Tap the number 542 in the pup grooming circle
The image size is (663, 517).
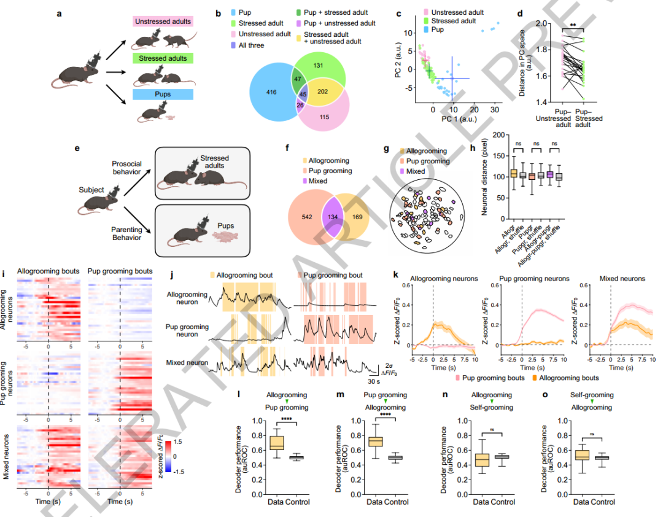303,217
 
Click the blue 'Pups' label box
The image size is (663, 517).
162,94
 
